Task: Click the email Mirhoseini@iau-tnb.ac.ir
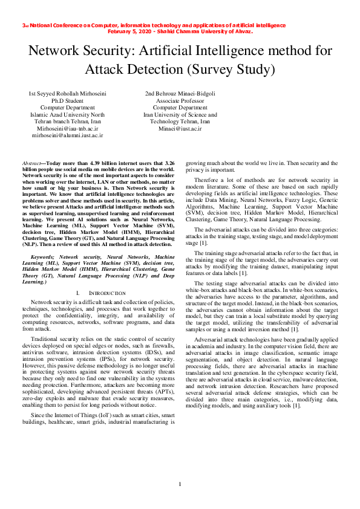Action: click(x=67, y=129)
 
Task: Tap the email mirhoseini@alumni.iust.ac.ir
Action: click(x=67, y=136)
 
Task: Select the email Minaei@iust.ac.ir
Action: click(x=180, y=129)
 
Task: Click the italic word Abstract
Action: click(x=31, y=164)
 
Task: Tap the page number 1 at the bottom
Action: click(x=180, y=484)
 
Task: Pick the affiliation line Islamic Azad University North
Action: click(x=67, y=114)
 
